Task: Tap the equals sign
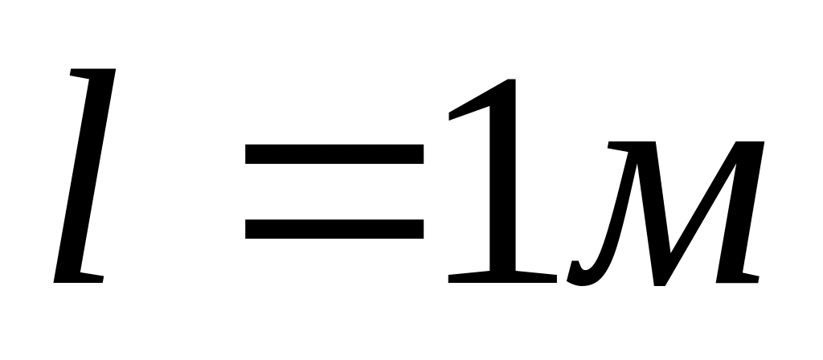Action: [x=334, y=191]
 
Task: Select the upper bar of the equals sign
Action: [x=334, y=153]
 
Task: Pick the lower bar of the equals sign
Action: [x=334, y=228]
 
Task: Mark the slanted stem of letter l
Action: [x=84, y=177]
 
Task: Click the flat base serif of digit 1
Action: [x=502, y=277]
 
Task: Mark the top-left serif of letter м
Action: [x=623, y=147]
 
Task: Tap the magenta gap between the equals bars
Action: [x=334, y=191]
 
